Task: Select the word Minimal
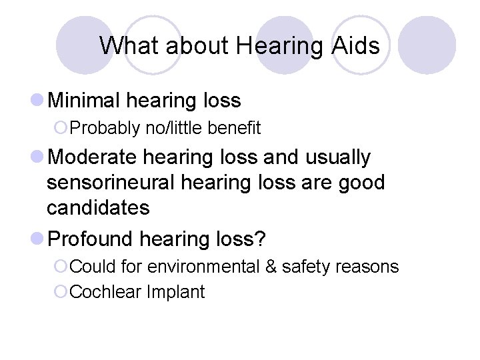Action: click(85, 101)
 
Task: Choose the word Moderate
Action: click(93, 157)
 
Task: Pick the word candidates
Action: click(98, 208)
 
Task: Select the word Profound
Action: click(92, 238)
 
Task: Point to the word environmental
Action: click(204, 267)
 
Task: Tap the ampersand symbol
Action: click(271, 267)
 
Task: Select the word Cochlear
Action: click(102, 292)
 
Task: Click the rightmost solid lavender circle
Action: click(431, 45)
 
